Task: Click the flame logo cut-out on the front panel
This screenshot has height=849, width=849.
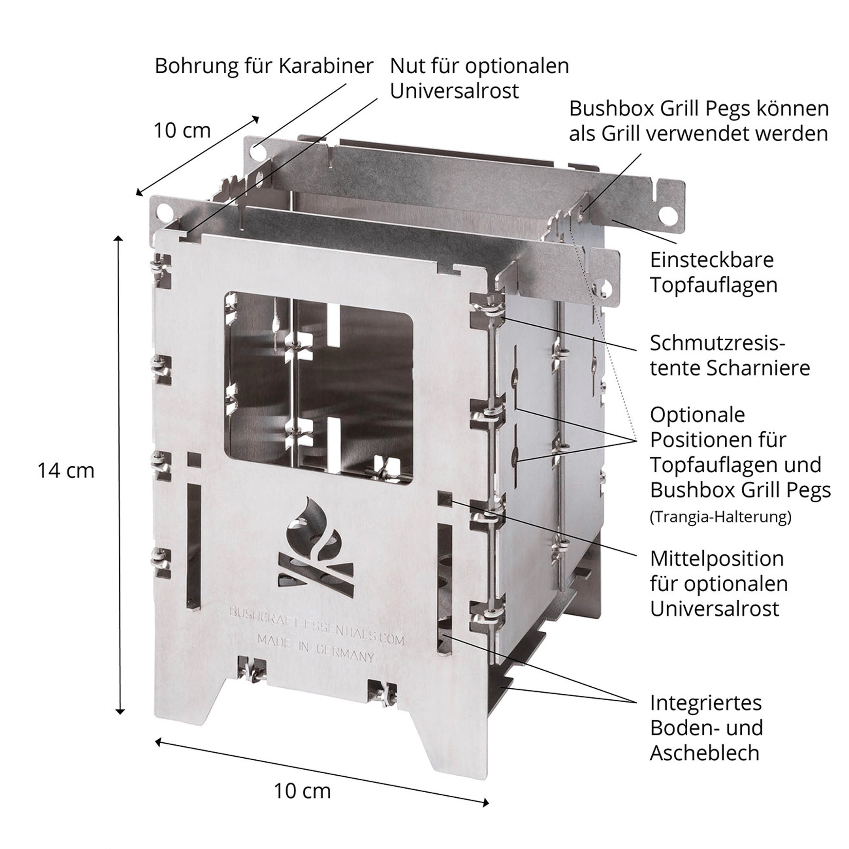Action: click(x=315, y=547)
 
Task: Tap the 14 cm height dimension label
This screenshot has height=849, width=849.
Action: click(x=66, y=471)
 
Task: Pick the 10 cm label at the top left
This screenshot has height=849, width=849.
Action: click(x=182, y=130)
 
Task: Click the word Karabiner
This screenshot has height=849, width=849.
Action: click(x=326, y=66)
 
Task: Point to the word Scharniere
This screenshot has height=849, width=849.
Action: click(x=758, y=368)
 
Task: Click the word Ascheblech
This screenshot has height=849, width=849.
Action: click(x=705, y=753)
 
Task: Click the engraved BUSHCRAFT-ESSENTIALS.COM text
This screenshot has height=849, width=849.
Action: click(x=317, y=626)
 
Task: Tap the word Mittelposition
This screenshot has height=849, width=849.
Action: click(x=717, y=559)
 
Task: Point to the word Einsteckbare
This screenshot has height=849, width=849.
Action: click(x=712, y=260)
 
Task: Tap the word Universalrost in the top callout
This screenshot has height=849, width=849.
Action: click(x=454, y=91)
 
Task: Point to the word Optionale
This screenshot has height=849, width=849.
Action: click(x=698, y=415)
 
